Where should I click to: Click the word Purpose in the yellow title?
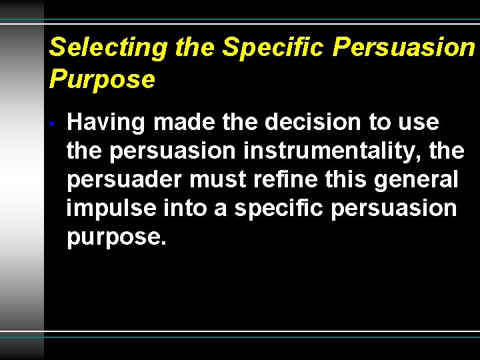(x=102, y=79)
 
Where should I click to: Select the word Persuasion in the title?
(x=403, y=47)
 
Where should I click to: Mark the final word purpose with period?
(x=116, y=238)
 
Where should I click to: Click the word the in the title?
(x=195, y=47)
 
